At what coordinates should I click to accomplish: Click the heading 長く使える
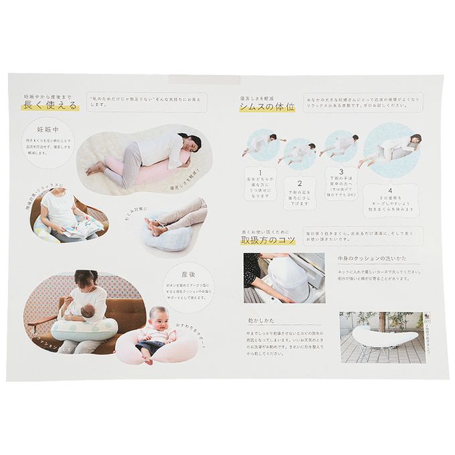50,105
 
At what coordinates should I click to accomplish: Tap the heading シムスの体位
267,107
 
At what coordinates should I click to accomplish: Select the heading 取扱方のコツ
268,240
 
